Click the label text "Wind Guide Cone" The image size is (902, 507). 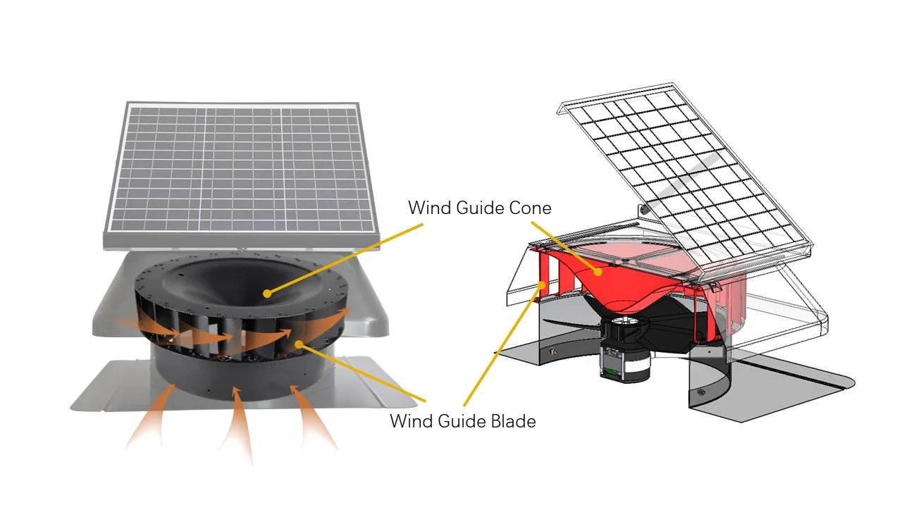click(x=479, y=208)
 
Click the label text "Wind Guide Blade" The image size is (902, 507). click(x=462, y=421)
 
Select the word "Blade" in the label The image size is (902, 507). click(x=512, y=421)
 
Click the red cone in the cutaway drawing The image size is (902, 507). click(x=620, y=282)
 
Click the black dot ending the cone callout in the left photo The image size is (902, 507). click(x=266, y=294)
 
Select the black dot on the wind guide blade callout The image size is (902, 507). click(x=300, y=344)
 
